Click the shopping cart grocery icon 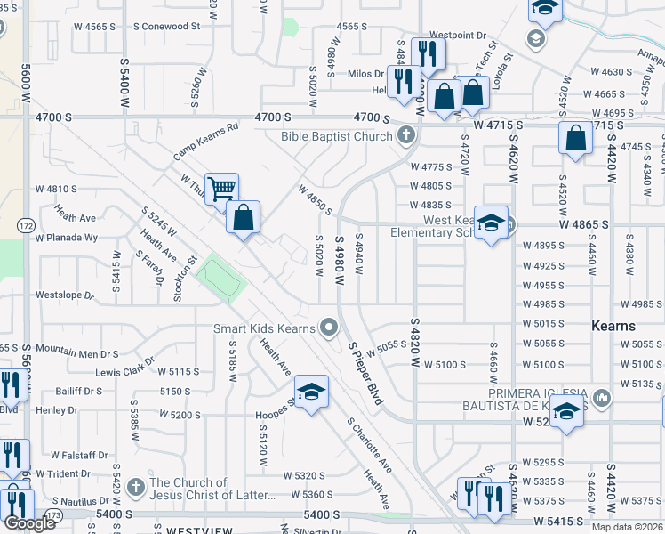221,188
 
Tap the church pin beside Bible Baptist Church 406,136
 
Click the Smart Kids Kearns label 264,328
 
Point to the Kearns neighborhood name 613,326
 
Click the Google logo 30,523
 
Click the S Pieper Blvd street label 365,374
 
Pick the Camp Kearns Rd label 206,141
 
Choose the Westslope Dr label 64,295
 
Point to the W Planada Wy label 66,238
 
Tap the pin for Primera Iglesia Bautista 602,396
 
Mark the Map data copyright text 628,527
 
